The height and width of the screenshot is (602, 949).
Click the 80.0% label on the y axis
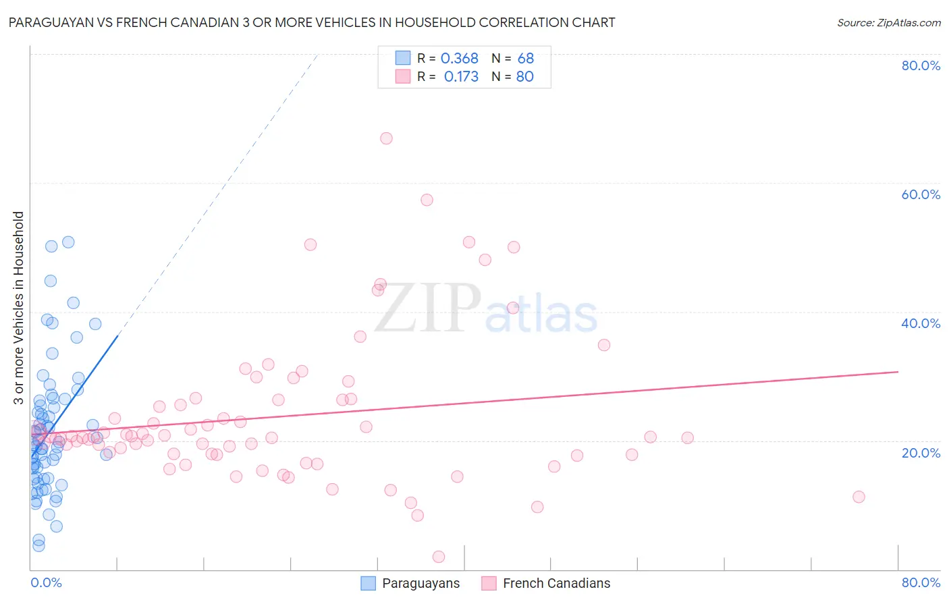pos(921,65)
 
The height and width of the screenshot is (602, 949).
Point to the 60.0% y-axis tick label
pos(921,194)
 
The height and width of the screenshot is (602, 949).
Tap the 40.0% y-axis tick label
pos(921,323)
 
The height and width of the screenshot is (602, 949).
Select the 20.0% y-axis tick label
pos(921,452)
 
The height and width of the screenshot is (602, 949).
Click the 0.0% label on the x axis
pos(46,582)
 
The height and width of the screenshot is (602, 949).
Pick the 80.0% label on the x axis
pos(921,582)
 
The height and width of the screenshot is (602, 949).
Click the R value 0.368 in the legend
pos(459,59)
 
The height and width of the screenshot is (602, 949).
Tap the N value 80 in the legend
pos(524,77)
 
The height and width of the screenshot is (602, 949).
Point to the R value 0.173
pos(461,77)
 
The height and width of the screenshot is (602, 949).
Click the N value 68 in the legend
pos(525,59)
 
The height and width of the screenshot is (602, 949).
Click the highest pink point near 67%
pos(386,138)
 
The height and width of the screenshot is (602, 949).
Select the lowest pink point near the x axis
pos(439,557)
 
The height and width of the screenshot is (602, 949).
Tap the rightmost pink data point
pos(859,497)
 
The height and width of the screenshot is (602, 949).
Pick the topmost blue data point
pos(68,242)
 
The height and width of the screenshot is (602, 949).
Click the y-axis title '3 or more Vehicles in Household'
pos(18,308)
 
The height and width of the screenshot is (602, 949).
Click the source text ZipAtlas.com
pos(888,23)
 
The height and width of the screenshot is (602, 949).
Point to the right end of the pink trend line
pos(898,372)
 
